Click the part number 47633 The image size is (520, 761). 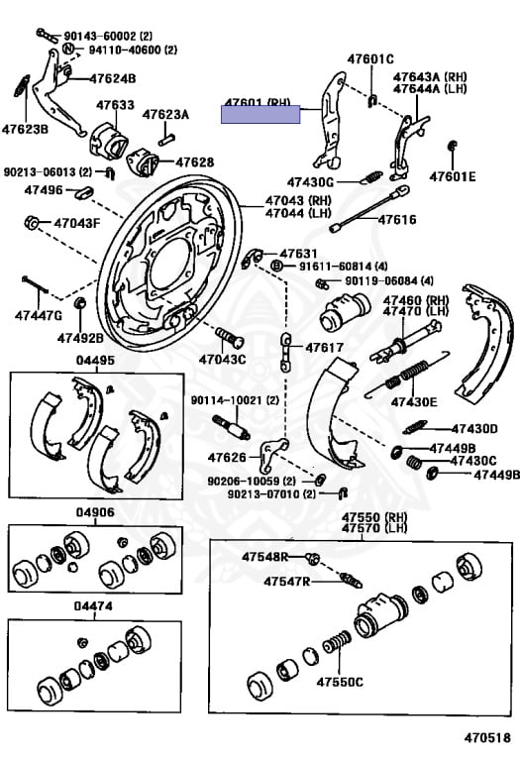[x=115, y=104]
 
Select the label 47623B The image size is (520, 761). [x=24, y=129]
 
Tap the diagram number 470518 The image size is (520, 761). [x=490, y=738]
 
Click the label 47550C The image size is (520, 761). [x=341, y=682]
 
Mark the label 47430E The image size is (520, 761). [x=413, y=401]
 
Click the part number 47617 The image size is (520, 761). [x=324, y=348]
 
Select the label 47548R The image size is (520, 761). [x=264, y=557]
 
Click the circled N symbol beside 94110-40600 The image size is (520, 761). [x=68, y=49]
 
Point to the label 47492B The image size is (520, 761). [x=80, y=337]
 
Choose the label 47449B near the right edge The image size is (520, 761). [x=495, y=476]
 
